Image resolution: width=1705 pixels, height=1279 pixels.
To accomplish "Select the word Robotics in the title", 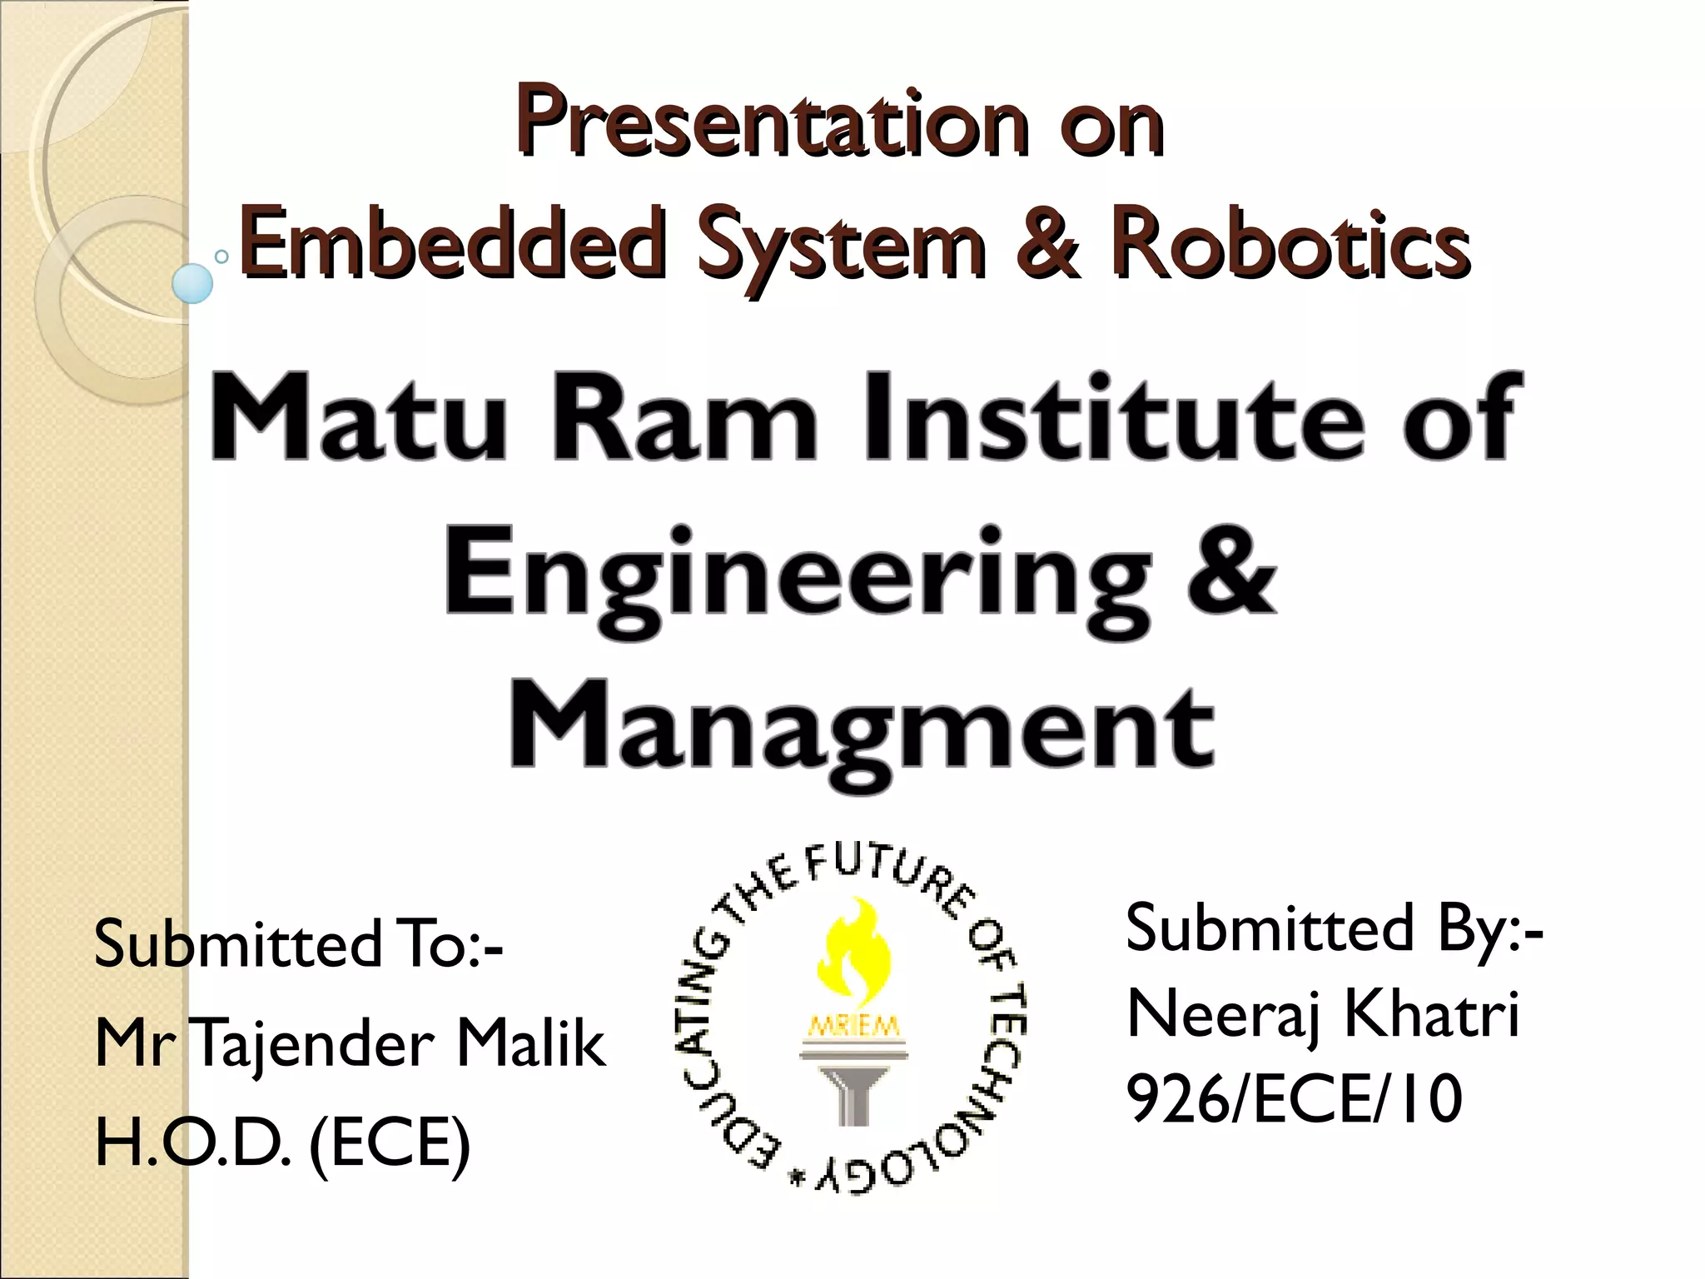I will pyautogui.click(x=1289, y=241).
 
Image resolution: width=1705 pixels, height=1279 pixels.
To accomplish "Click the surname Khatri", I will pyautogui.click(x=1432, y=1014).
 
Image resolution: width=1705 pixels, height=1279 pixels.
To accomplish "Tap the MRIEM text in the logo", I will pyautogui.click(x=850, y=1027).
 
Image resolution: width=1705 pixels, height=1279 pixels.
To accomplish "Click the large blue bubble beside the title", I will pyautogui.click(x=192, y=283).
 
